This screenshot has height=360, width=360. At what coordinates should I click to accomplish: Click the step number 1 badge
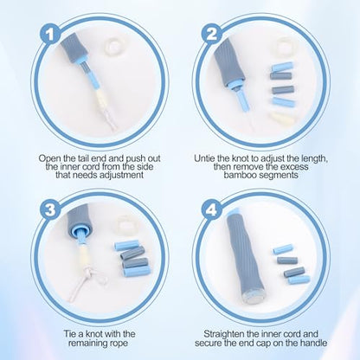pos(50,35)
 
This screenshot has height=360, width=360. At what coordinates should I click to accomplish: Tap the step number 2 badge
pos(212,35)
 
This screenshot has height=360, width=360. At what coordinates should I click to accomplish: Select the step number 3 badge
pos(50,209)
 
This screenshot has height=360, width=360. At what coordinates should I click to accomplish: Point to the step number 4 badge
pos(212,209)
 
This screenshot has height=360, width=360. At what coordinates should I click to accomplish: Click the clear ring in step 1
pos(113,46)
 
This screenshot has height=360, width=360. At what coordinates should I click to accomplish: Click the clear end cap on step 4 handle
pos(251,298)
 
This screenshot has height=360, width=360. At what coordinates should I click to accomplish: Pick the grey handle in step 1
pos(74,47)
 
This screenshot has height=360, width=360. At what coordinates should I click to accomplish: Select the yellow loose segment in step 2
pos(282,118)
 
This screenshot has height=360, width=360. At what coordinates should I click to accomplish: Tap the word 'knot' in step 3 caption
pos(92,334)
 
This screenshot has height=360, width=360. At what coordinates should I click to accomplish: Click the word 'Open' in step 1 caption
pos(49,158)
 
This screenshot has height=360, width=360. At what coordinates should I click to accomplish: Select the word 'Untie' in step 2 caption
pos(204,158)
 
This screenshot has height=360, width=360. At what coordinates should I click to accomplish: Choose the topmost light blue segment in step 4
pos(283,249)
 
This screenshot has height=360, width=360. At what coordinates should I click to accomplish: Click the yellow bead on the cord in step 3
pos(83,255)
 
